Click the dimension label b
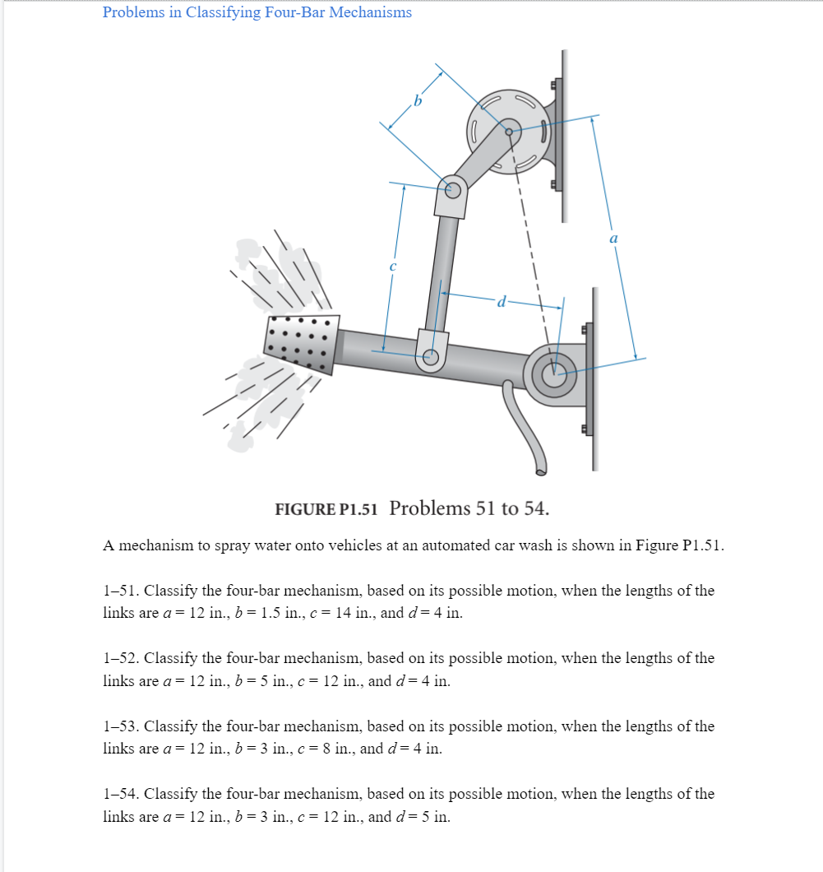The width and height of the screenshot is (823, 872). point(418,102)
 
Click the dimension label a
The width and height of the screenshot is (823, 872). point(613,238)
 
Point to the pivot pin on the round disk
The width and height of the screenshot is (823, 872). point(510,131)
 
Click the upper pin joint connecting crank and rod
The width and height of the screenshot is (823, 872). point(452,189)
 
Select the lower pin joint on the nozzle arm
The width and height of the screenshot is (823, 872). point(430,357)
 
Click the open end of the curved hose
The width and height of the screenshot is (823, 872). point(541,471)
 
